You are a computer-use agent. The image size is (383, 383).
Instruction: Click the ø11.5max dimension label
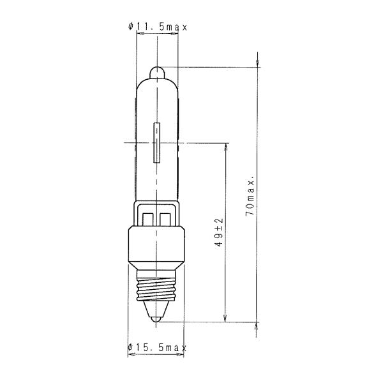tap(158, 27)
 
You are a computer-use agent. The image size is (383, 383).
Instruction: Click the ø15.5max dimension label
tap(157, 347)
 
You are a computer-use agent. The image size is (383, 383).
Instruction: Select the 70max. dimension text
tap(250, 196)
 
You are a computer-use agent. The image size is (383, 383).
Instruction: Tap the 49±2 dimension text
tap(220, 232)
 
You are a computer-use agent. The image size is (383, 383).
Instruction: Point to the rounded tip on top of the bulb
tap(157, 73)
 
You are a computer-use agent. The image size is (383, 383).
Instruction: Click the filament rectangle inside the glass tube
tap(156, 142)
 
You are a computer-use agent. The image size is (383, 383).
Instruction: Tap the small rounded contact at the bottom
tap(156, 319)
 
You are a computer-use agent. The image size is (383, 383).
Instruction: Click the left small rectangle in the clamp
tap(148, 219)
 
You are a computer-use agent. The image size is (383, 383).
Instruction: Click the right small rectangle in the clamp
tap(165, 219)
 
